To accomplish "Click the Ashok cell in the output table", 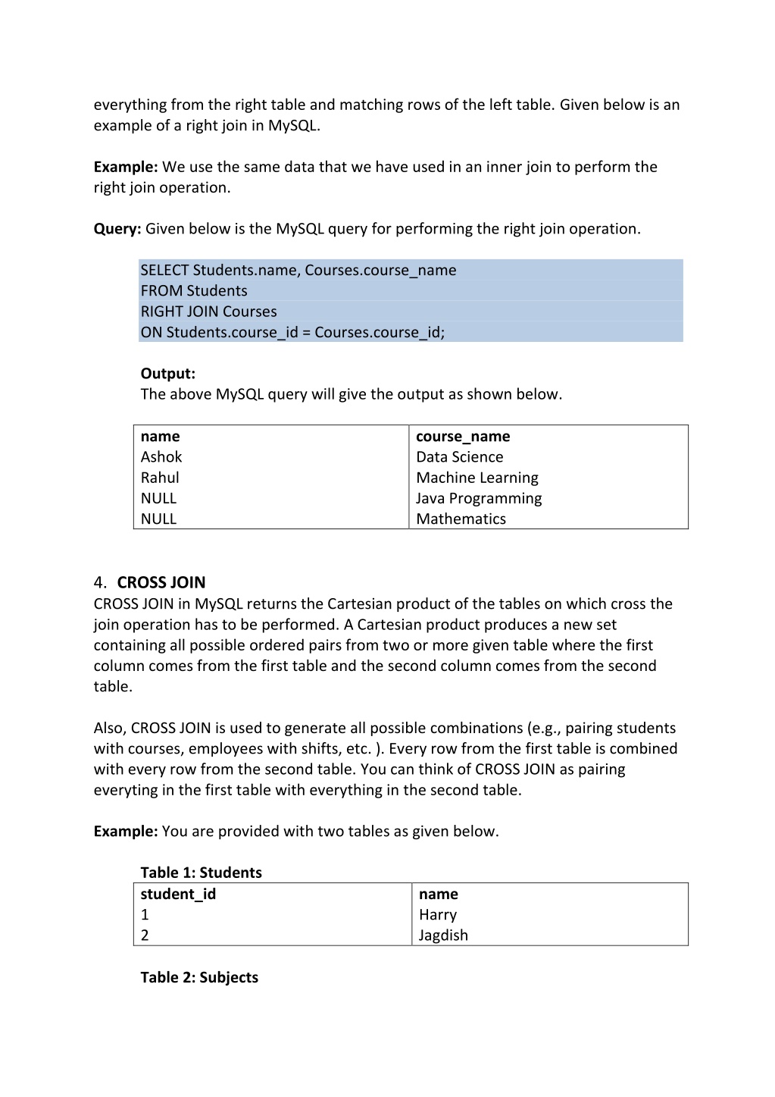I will click(x=161, y=457).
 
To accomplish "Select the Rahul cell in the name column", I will click(x=160, y=478).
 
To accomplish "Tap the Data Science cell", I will click(x=459, y=457).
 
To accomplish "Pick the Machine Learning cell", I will click(x=477, y=478).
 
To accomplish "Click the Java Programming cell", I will click(x=479, y=498).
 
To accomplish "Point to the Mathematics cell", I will click(x=461, y=519).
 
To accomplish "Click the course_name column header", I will click(x=463, y=437).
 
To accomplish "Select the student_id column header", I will click(x=178, y=895).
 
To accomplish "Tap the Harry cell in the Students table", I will click(x=438, y=915).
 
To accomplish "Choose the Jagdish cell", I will click(x=443, y=936).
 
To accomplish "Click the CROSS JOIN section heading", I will click(x=161, y=582).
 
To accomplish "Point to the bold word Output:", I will click(x=168, y=374).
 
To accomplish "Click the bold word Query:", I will click(x=117, y=229).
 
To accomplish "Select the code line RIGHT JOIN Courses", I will click(x=208, y=312).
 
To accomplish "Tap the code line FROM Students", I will click(x=194, y=291).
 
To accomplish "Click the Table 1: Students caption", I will click(x=201, y=873).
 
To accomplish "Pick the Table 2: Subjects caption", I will click(x=199, y=977).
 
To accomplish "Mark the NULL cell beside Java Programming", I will click(x=158, y=498).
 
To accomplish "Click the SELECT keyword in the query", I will click(x=164, y=271).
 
